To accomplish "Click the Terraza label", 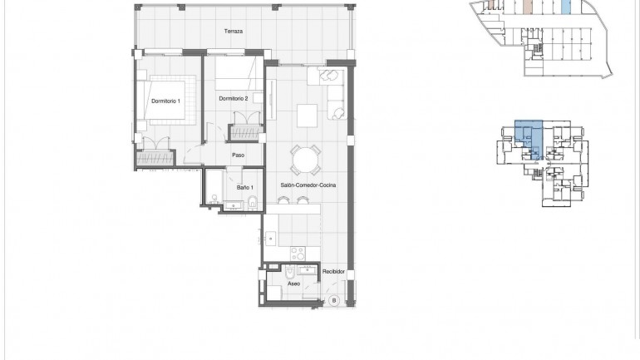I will point(233,32).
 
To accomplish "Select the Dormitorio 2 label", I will point(234,99).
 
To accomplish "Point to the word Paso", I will point(238,154).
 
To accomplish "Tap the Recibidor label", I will point(333,272).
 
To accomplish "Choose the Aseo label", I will point(293,284).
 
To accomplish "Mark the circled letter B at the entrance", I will point(334,301).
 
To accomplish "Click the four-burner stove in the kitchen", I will point(298,251).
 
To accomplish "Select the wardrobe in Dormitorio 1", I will point(155,155).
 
